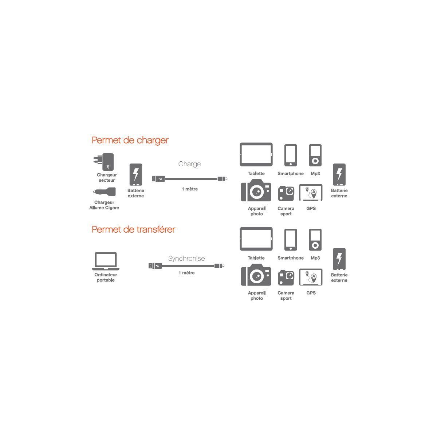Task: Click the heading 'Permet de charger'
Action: [130, 140]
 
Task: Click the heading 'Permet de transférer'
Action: [133, 229]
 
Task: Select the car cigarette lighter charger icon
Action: [105, 192]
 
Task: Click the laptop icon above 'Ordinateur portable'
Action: [106, 261]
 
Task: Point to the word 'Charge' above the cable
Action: [189, 164]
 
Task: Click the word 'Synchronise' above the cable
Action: [186, 259]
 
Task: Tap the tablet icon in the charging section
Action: [256, 154]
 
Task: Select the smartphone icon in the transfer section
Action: [291, 240]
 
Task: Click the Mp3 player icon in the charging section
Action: [315, 155]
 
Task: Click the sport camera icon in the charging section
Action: [286, 193]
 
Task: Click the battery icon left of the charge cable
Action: [136, 174]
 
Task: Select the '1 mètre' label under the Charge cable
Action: [189, 189]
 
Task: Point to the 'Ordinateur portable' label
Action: [106, 277]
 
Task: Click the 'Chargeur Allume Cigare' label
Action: [105, 205]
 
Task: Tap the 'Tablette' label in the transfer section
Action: [256, 258]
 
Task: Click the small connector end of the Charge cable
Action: [223, 179]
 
